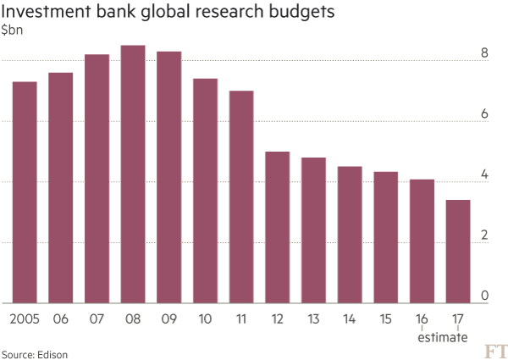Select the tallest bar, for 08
coord(133,174)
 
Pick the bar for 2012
coord(278,226)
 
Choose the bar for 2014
coord(350,234)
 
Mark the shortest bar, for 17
coord(458,251)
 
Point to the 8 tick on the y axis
coord(484,53)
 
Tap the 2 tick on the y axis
coord(484,235)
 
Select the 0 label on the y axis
coord(484,296)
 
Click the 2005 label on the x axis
coord(24,319)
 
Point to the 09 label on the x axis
coord(168,319)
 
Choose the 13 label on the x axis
coord(313,319)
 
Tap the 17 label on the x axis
coord(458,319)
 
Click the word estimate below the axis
coord(441,337)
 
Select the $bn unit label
coord(12,30)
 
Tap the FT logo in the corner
coord(495,351)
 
